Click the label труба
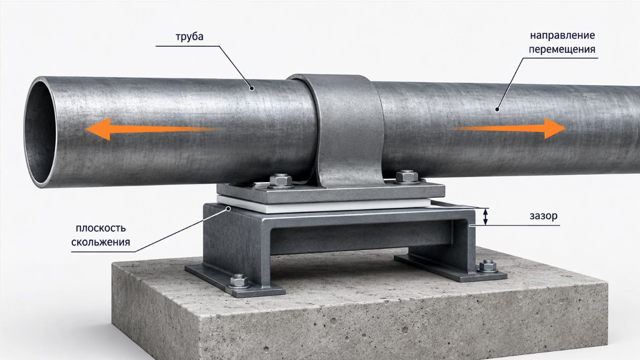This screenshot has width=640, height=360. [189, 37]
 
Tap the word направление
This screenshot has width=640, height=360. [562, 36]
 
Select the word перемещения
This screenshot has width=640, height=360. [562, 49]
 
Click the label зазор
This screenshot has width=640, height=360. [543, 216]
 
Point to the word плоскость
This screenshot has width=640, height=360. [101, 228]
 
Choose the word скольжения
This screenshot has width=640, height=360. [101, 242]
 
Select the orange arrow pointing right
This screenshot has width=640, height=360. [508, 129]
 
